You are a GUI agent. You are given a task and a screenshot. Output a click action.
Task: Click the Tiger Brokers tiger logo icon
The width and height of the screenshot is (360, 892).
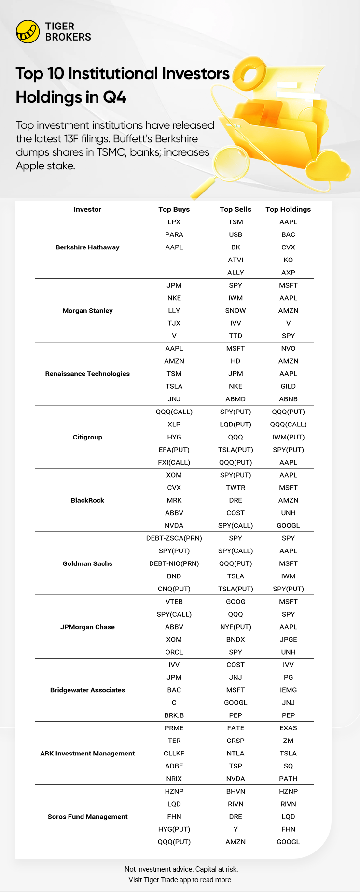(x=28, y=32)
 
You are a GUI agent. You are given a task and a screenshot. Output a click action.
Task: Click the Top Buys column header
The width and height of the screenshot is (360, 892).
(x=174, y=209)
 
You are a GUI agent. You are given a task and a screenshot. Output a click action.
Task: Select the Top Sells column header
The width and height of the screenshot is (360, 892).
(x=235, y=209)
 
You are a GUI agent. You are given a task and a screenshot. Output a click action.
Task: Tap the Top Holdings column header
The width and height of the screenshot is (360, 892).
(x=288, y=209)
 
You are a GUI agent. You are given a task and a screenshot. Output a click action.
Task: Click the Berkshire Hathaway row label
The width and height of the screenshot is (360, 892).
(x=87, y=247)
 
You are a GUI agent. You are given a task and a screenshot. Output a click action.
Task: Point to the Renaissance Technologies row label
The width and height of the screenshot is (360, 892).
(x=87, y=374)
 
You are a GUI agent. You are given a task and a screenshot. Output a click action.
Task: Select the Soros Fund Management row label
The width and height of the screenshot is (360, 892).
(x=87, y=817)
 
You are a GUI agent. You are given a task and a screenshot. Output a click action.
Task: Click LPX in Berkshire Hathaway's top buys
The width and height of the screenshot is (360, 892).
(x=174, y=222)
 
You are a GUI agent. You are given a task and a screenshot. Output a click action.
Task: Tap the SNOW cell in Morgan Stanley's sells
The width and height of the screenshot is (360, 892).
(x=235, y=311)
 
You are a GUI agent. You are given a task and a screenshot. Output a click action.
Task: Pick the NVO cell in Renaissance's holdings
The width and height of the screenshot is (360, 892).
(x=288, y=348)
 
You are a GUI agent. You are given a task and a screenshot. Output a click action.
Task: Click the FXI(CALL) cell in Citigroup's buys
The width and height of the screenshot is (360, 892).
(x=174, y=462)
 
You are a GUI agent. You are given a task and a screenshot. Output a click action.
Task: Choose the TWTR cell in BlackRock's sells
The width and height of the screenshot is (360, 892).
(x=235, y=488)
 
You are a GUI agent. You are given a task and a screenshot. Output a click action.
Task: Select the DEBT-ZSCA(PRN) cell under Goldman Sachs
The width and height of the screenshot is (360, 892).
(x=174, y=538)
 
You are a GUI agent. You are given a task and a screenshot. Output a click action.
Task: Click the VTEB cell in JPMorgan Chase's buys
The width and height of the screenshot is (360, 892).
(x=174, y=602)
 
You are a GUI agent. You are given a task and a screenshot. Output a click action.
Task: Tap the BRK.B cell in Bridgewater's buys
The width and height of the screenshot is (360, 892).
(x=174, y=715)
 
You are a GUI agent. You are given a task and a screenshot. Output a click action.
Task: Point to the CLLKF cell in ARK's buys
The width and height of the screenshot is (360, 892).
(x=174, y=754)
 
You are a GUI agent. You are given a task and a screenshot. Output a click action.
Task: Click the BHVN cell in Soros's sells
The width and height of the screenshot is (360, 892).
(x=235, y=791)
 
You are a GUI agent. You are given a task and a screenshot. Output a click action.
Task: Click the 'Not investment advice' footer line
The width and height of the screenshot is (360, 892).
(x=181, y=869)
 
